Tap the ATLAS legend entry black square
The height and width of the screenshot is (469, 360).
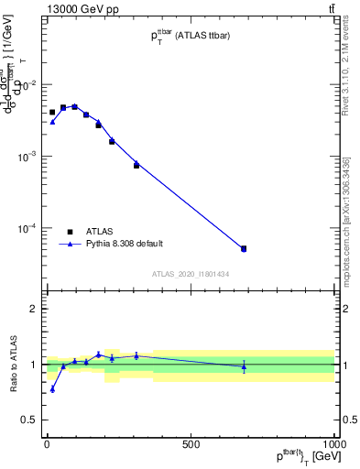(x=70, y=232)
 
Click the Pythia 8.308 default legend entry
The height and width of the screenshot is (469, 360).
(x=124, y=244)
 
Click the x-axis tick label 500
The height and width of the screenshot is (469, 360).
(x=191, y=444)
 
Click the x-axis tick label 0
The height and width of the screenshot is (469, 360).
(x=47, y=444)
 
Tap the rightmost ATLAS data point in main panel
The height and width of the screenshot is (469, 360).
(x=244, y=248)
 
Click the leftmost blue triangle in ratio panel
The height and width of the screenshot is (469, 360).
(x=52, y=389)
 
